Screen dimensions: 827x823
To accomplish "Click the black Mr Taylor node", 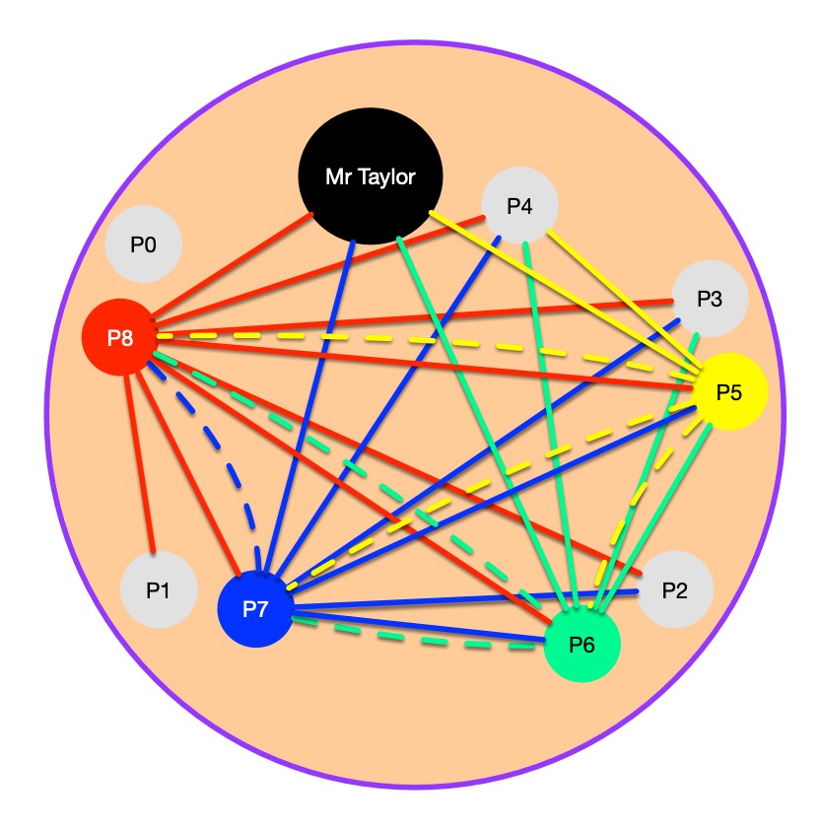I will pos(371,178).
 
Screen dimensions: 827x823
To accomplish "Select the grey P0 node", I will pos(144,243).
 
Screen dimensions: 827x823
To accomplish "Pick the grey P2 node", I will pos(674,590).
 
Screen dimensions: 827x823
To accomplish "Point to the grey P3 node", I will pos(710,300).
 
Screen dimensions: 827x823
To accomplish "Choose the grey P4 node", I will pos(520,206).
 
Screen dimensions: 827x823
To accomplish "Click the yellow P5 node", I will pos(729,391).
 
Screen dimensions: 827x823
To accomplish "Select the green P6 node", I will pos(583,646).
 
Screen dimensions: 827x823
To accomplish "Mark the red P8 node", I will pos(119,337).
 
